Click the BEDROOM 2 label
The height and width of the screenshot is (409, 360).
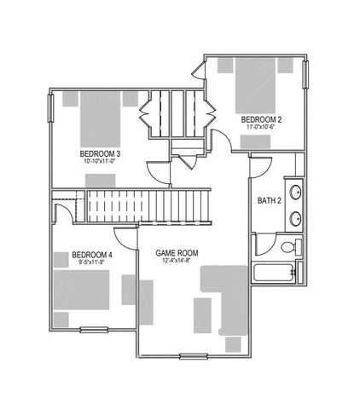(258, 119)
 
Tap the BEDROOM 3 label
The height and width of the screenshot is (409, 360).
(101, 153)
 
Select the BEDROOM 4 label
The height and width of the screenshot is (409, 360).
(91, 254)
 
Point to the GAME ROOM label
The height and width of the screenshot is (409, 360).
(177, 253)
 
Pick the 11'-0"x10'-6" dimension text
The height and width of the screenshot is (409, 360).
(258, 127)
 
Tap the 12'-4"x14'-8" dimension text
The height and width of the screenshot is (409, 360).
(177, 262)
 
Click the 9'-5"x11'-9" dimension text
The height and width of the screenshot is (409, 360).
(91, 262)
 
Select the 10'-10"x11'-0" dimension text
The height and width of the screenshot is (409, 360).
(101, 161)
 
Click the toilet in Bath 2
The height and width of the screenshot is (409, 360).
(289, 247)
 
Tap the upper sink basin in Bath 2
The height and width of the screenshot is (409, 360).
(295, 193)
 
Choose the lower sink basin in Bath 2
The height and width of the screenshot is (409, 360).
(295, 216)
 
